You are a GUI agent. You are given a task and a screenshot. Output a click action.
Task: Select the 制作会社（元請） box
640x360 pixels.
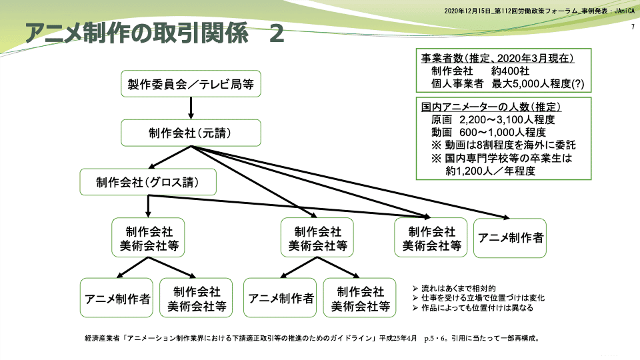(x=190, y=133)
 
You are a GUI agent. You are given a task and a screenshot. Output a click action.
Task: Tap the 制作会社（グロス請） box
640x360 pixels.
(x=148, y=182)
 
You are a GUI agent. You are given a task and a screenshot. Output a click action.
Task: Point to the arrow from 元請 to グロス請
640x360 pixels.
(x=171, y=157)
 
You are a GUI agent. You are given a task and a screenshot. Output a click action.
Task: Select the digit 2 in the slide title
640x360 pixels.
(x=276, y=33)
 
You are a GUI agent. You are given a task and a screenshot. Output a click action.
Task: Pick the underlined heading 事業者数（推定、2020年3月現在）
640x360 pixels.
(x=497, y=58)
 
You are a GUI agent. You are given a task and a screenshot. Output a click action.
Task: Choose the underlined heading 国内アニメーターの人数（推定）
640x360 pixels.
(x=492, y=107)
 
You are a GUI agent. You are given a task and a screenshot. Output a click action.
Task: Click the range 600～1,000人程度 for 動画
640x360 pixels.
(x=503, y=132)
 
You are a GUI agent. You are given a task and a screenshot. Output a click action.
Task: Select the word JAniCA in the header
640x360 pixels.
(x=623, y=11)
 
